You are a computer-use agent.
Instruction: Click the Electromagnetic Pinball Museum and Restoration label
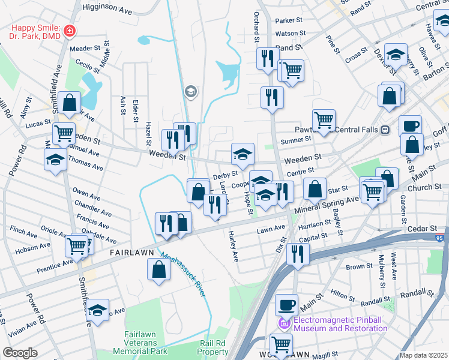(x=340, y=324)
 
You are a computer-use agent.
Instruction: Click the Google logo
(x=20, y=352)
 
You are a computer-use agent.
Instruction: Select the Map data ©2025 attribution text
(x=423, y=355)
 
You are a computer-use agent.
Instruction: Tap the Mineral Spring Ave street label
(x=327, y=205)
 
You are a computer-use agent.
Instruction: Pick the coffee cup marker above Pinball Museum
(x=287, y=304)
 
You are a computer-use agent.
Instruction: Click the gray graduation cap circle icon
(x=191, y=91)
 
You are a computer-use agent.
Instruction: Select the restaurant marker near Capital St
(x=297, y=253)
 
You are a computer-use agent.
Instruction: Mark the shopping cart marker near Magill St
(x=281, y=344)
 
